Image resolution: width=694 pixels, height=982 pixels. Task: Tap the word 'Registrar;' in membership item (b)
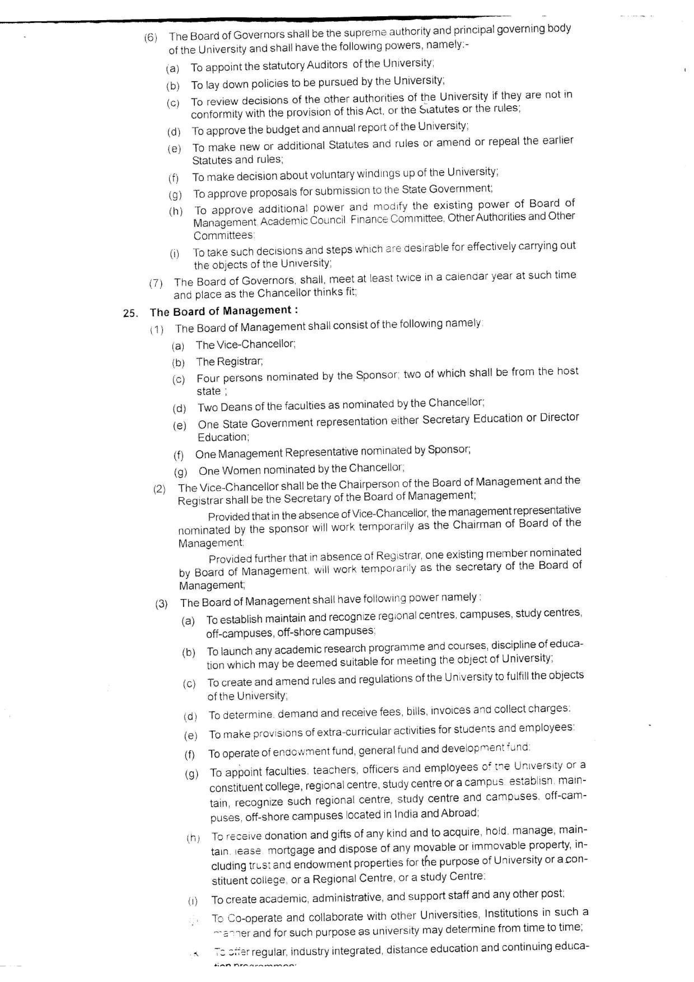[x=229, y=362]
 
